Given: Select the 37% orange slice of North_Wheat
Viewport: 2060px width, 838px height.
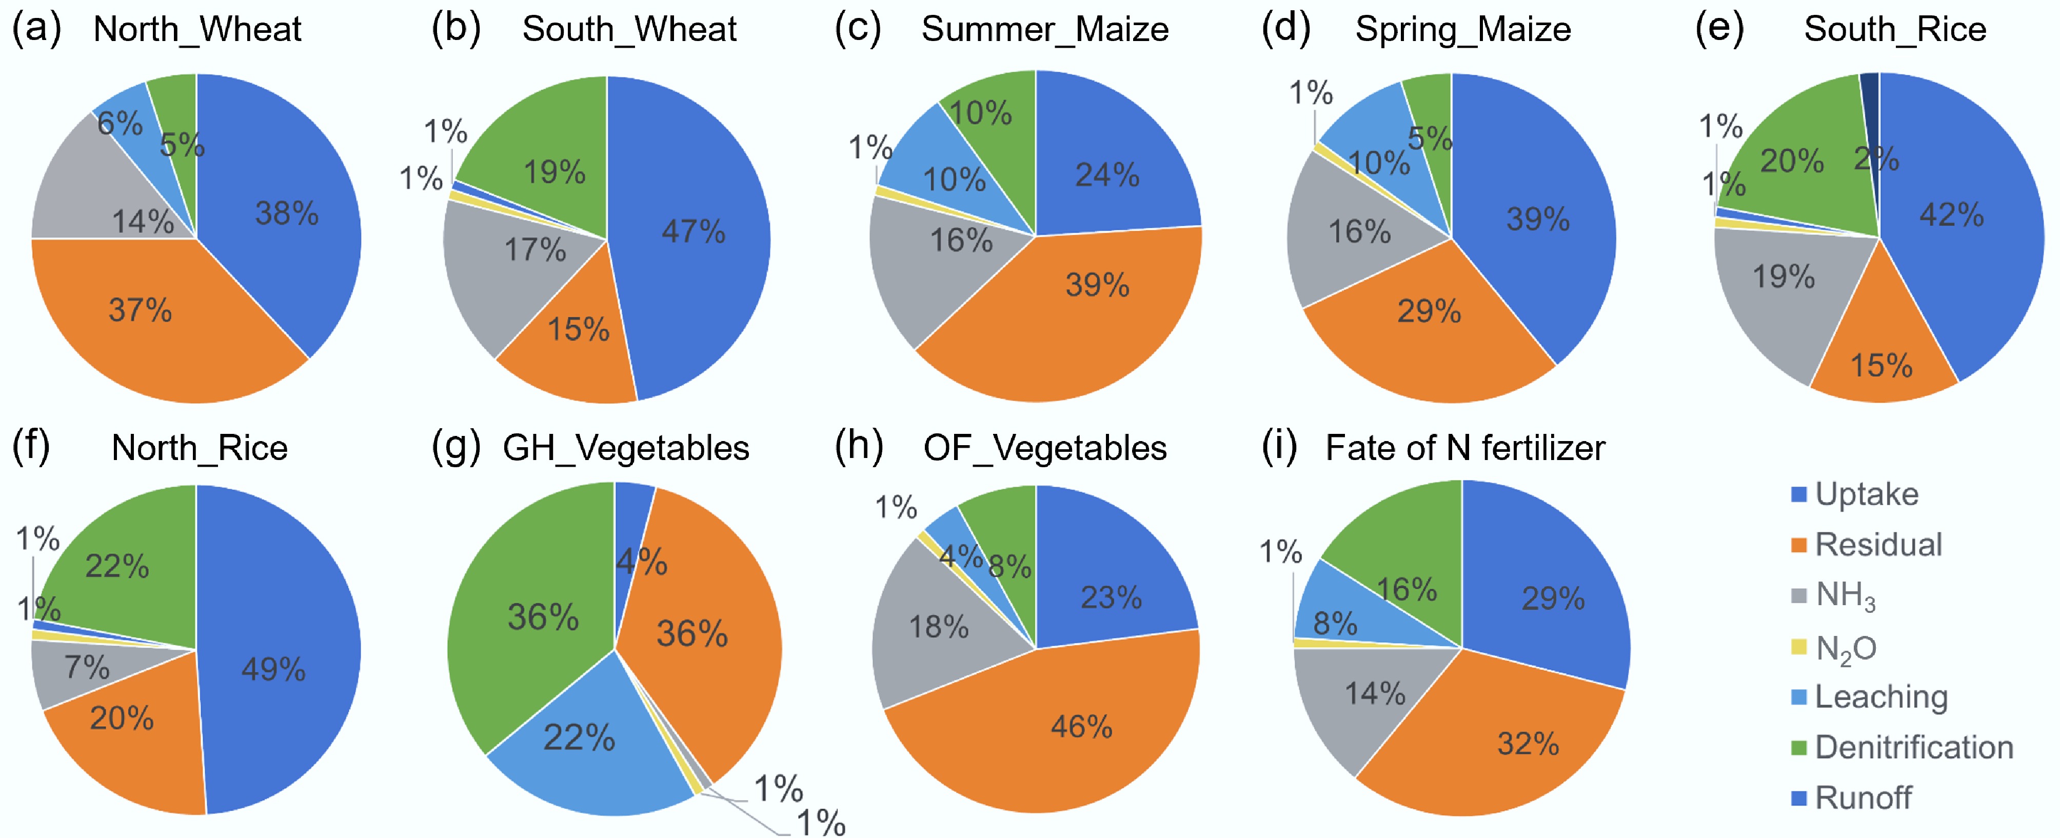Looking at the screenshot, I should [141, 310].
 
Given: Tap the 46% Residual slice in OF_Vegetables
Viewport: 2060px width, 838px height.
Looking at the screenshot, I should [1081, 726].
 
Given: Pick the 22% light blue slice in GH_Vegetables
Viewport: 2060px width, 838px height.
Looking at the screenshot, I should [579, 737].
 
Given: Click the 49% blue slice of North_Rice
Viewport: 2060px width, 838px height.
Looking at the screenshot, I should [273, 668].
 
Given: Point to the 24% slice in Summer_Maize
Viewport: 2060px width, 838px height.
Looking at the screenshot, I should [1107, 174].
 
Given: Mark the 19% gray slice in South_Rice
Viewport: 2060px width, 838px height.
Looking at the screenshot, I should [1784, 276].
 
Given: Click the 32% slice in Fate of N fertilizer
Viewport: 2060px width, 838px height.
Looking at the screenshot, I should [1528, 744].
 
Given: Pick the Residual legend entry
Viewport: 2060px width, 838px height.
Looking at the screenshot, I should [1878, 545].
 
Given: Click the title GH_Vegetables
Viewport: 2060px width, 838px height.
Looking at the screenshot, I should [625, 448].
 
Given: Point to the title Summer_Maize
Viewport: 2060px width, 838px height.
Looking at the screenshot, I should [1044, 30].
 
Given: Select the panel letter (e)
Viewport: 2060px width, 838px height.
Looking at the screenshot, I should [1719, 28].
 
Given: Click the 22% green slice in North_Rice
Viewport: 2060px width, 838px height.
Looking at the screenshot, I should [117, 566].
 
